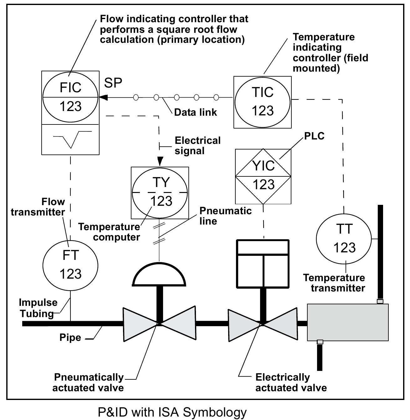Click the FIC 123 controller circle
pos(70,97)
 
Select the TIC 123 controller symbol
pos(263,102)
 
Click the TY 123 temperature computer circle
pos(160,192)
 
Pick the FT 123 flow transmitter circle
pos(70,265)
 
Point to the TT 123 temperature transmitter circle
pos(344,239)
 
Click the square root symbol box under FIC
pos(70,139)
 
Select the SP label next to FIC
pos(113,83)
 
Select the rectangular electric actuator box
pos(263,264)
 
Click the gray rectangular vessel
pos(347,322)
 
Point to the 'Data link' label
pos(195,112)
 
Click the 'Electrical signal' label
pos(197,145)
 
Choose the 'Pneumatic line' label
pos(225,216)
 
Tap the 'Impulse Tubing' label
pos(38,308)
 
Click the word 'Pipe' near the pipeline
pos(70,337)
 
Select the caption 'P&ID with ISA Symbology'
pos(172,412)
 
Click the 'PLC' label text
pos(314,136)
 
